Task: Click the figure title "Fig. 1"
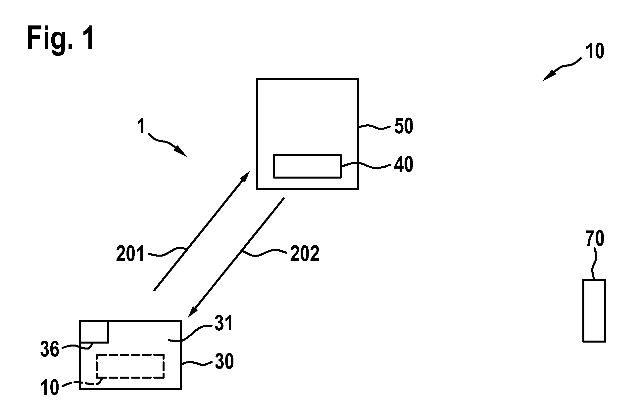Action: tap(61, 39)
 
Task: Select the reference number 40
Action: tap(404, 164)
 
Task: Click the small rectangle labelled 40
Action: tap(307, 166)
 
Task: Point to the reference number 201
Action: tap(130, 254)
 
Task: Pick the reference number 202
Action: tap(305, 254)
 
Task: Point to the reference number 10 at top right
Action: tap(595, 51)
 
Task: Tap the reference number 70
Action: tap(595, 238)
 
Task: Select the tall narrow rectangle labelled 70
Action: tap(594, 310)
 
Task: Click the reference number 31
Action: tap(223, 323)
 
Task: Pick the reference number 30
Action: tap(224, 361)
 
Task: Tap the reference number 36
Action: tap(50, 350)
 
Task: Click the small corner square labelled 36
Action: tap(94, 331)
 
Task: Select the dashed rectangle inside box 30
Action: tap(130, 366)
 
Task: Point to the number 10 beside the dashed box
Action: tap(50, 388)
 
